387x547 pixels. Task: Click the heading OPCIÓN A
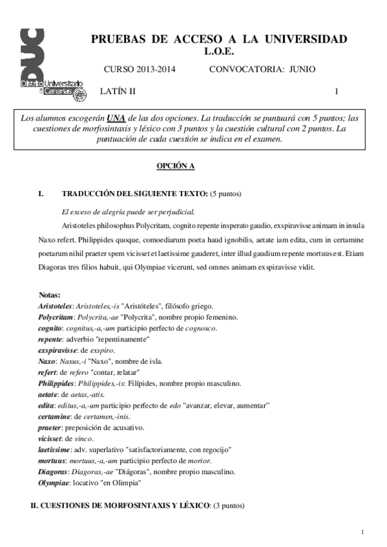(176, 166)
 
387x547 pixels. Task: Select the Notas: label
(50, 294)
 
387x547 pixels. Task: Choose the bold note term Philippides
(56, 383)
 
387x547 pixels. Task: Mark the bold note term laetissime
(54, 449)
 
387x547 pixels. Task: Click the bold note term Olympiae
(54, 482)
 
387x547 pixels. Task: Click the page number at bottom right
(364, 532)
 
